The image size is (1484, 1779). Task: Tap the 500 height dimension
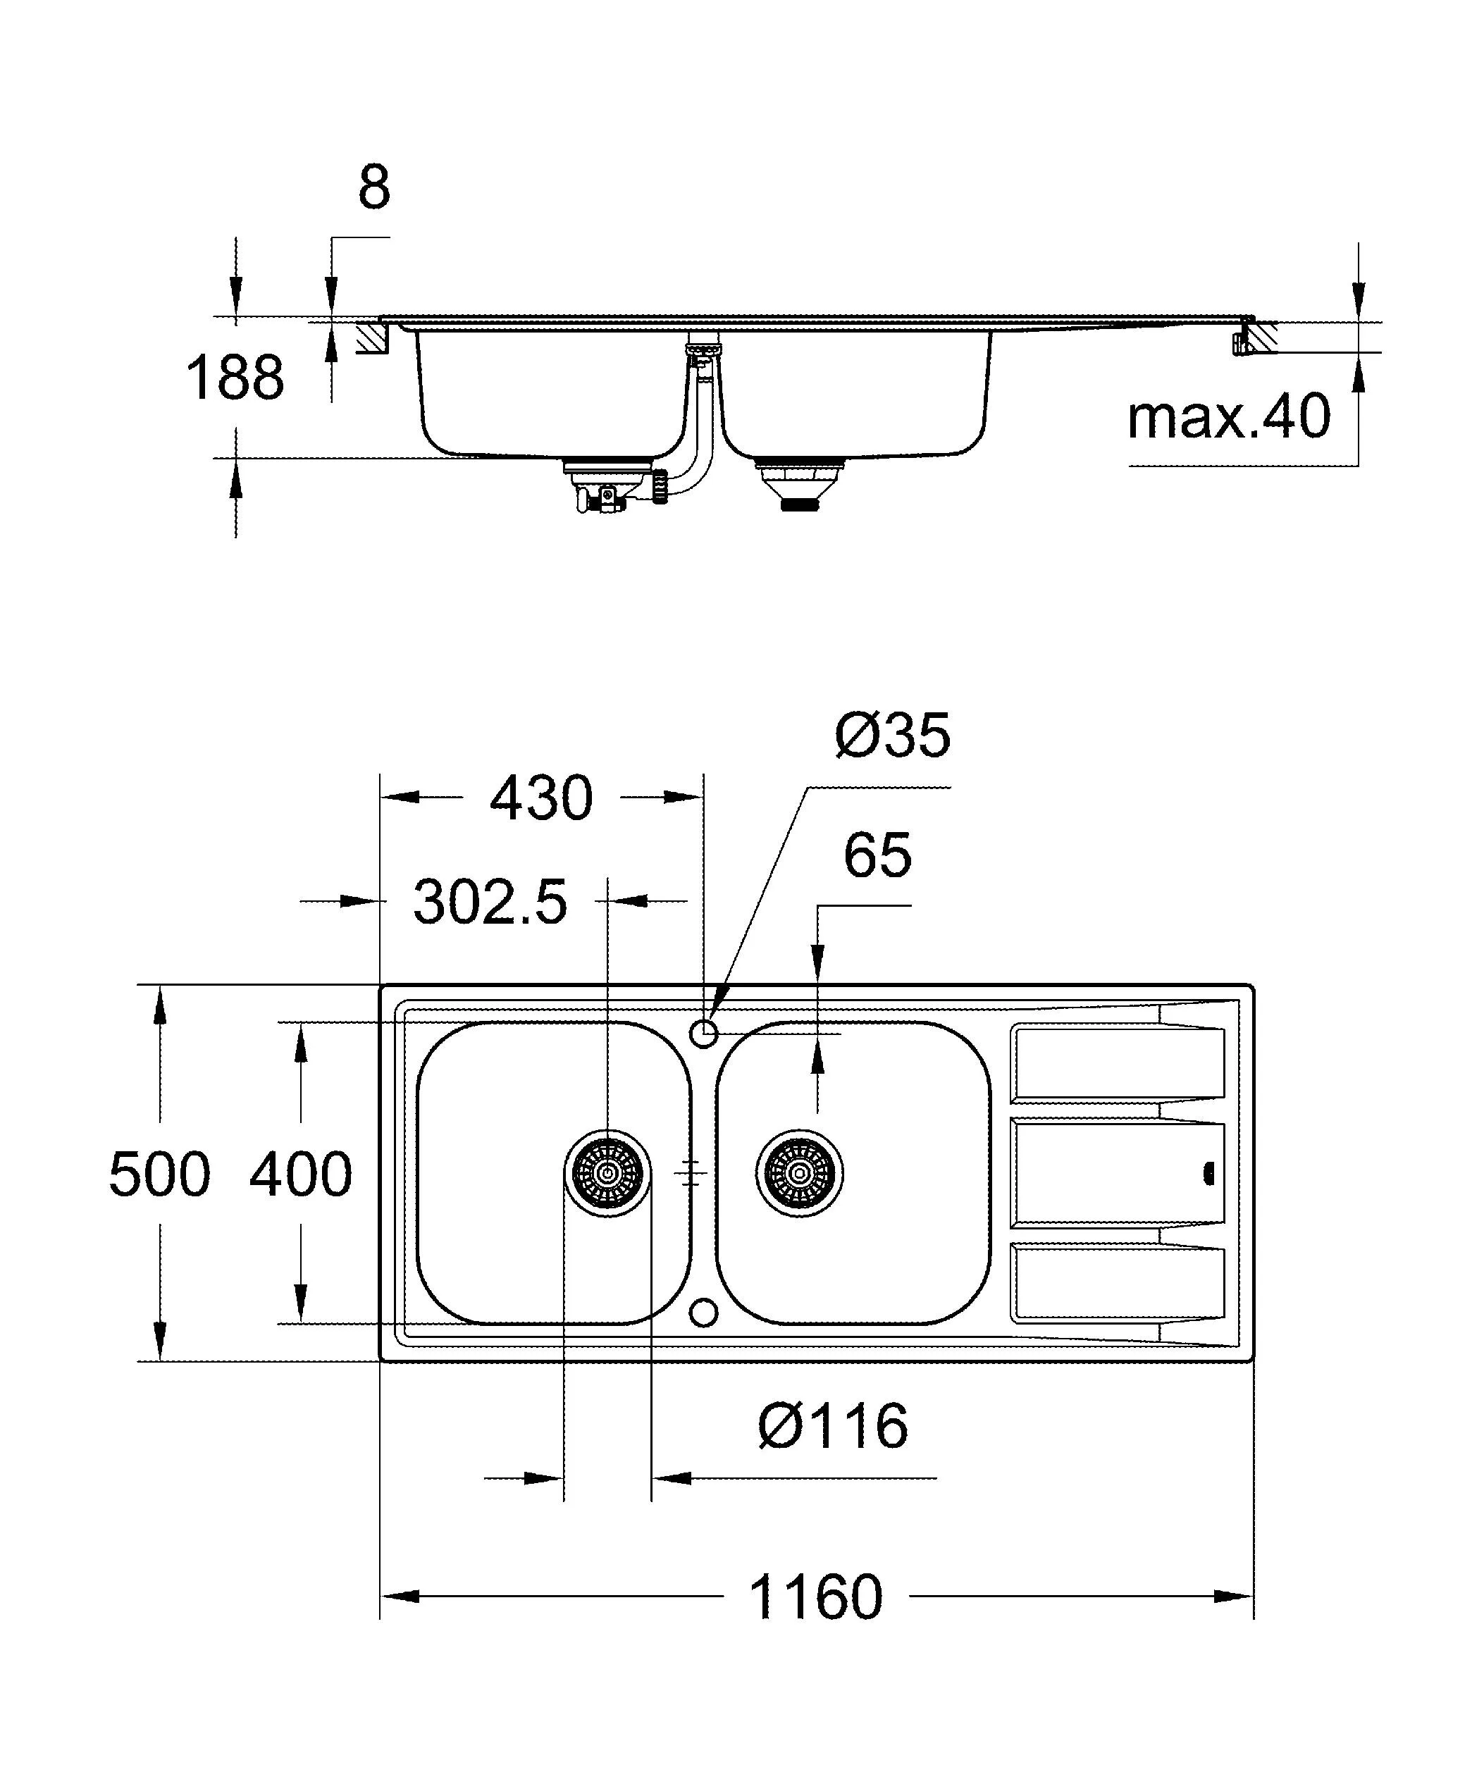tap(159, 1174)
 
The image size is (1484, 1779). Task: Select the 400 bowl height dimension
tap(301, 1174)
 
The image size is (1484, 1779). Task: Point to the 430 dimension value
tap(541, 798)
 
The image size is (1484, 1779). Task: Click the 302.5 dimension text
tap(490, 903)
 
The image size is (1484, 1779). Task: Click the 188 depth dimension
tap(235, 378)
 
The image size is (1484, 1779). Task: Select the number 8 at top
tap(373, 188)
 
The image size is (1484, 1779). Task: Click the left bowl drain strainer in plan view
tap(607, 1174)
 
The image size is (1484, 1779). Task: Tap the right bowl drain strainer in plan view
tap(799, 1174)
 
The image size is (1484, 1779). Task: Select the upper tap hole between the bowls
tap(704, 1033)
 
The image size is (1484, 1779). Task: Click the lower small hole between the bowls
tap(704, 1312)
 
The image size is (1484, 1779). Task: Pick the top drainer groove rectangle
tap(1118, 1062)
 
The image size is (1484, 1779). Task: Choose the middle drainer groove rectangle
tap(1118, 1174)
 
